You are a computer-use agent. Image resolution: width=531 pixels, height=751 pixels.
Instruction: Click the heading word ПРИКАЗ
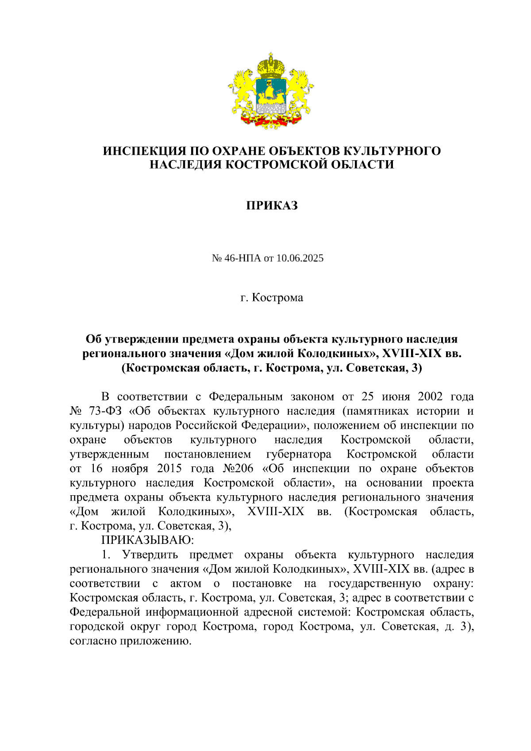click(272, 206)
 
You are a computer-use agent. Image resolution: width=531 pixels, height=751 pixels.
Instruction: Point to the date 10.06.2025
click(300, 258)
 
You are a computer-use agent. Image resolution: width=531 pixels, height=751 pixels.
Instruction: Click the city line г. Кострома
click(272, 297)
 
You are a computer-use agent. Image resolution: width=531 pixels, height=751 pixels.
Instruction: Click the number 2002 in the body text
click(430, 397)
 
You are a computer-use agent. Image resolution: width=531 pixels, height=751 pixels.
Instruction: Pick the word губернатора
click(299, 454)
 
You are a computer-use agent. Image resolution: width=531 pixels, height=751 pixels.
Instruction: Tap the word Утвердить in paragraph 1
click(150, 555)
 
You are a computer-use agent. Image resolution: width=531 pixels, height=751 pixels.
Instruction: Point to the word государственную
click(375, 583)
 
